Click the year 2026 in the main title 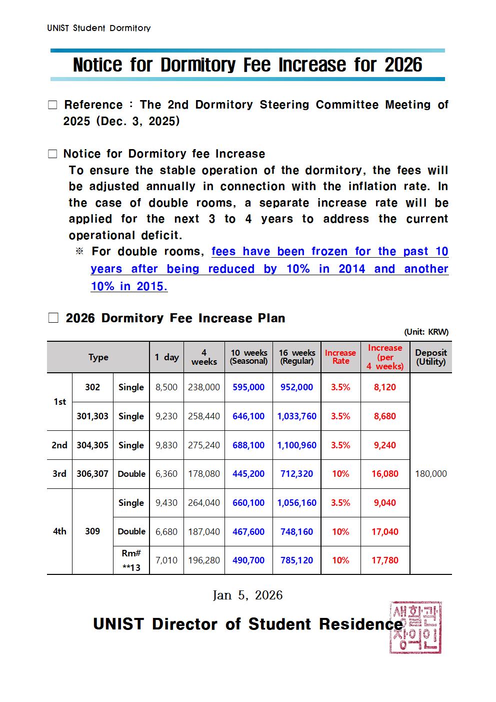point(403,65)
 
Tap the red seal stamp point(415,627)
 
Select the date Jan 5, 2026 point(247,595)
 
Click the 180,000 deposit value point(430,474)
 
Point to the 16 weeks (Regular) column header point(296,357)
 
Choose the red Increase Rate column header point(340,357)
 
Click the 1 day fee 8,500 point(166,387)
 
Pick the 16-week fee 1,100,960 point(296,445)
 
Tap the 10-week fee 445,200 point(248,474)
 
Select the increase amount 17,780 point(384,560)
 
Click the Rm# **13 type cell point(131,560)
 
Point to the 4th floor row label point(59,531)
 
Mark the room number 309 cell point(92,531)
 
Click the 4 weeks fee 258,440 point(204,416)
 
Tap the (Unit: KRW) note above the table point(426,332)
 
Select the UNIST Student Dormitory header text point(98,28)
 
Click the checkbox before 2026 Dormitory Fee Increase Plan point(53,318)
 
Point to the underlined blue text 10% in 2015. point(129,286)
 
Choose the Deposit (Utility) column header point(430,357)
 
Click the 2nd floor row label point(59,445)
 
